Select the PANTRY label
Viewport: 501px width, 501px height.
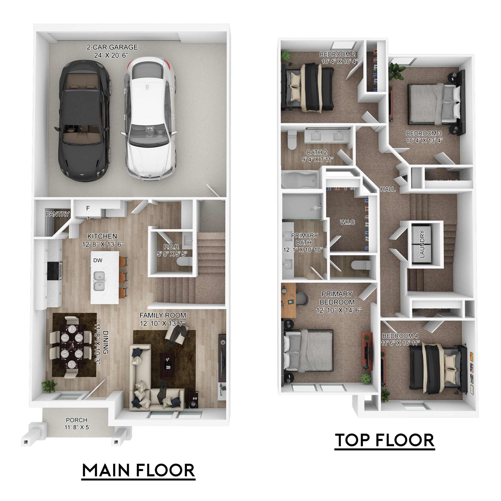click(x=58, y=214)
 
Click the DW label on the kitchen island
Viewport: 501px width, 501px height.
click(x=98, y=260)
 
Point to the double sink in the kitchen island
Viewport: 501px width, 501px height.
click(x=99, y=281)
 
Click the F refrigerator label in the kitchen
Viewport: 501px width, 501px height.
click(x=88, y=208)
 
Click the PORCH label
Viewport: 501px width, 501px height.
click(x=77, y=420)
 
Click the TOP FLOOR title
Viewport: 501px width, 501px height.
click(x=385, y=440)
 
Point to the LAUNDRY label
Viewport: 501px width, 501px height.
click(x=422, y=244)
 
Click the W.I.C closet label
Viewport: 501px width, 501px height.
click(x=348, y=222)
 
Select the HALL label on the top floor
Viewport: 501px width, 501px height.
click(x=388, y=189)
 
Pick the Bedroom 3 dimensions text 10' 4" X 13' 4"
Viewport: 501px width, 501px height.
click(x=424, y=141)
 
